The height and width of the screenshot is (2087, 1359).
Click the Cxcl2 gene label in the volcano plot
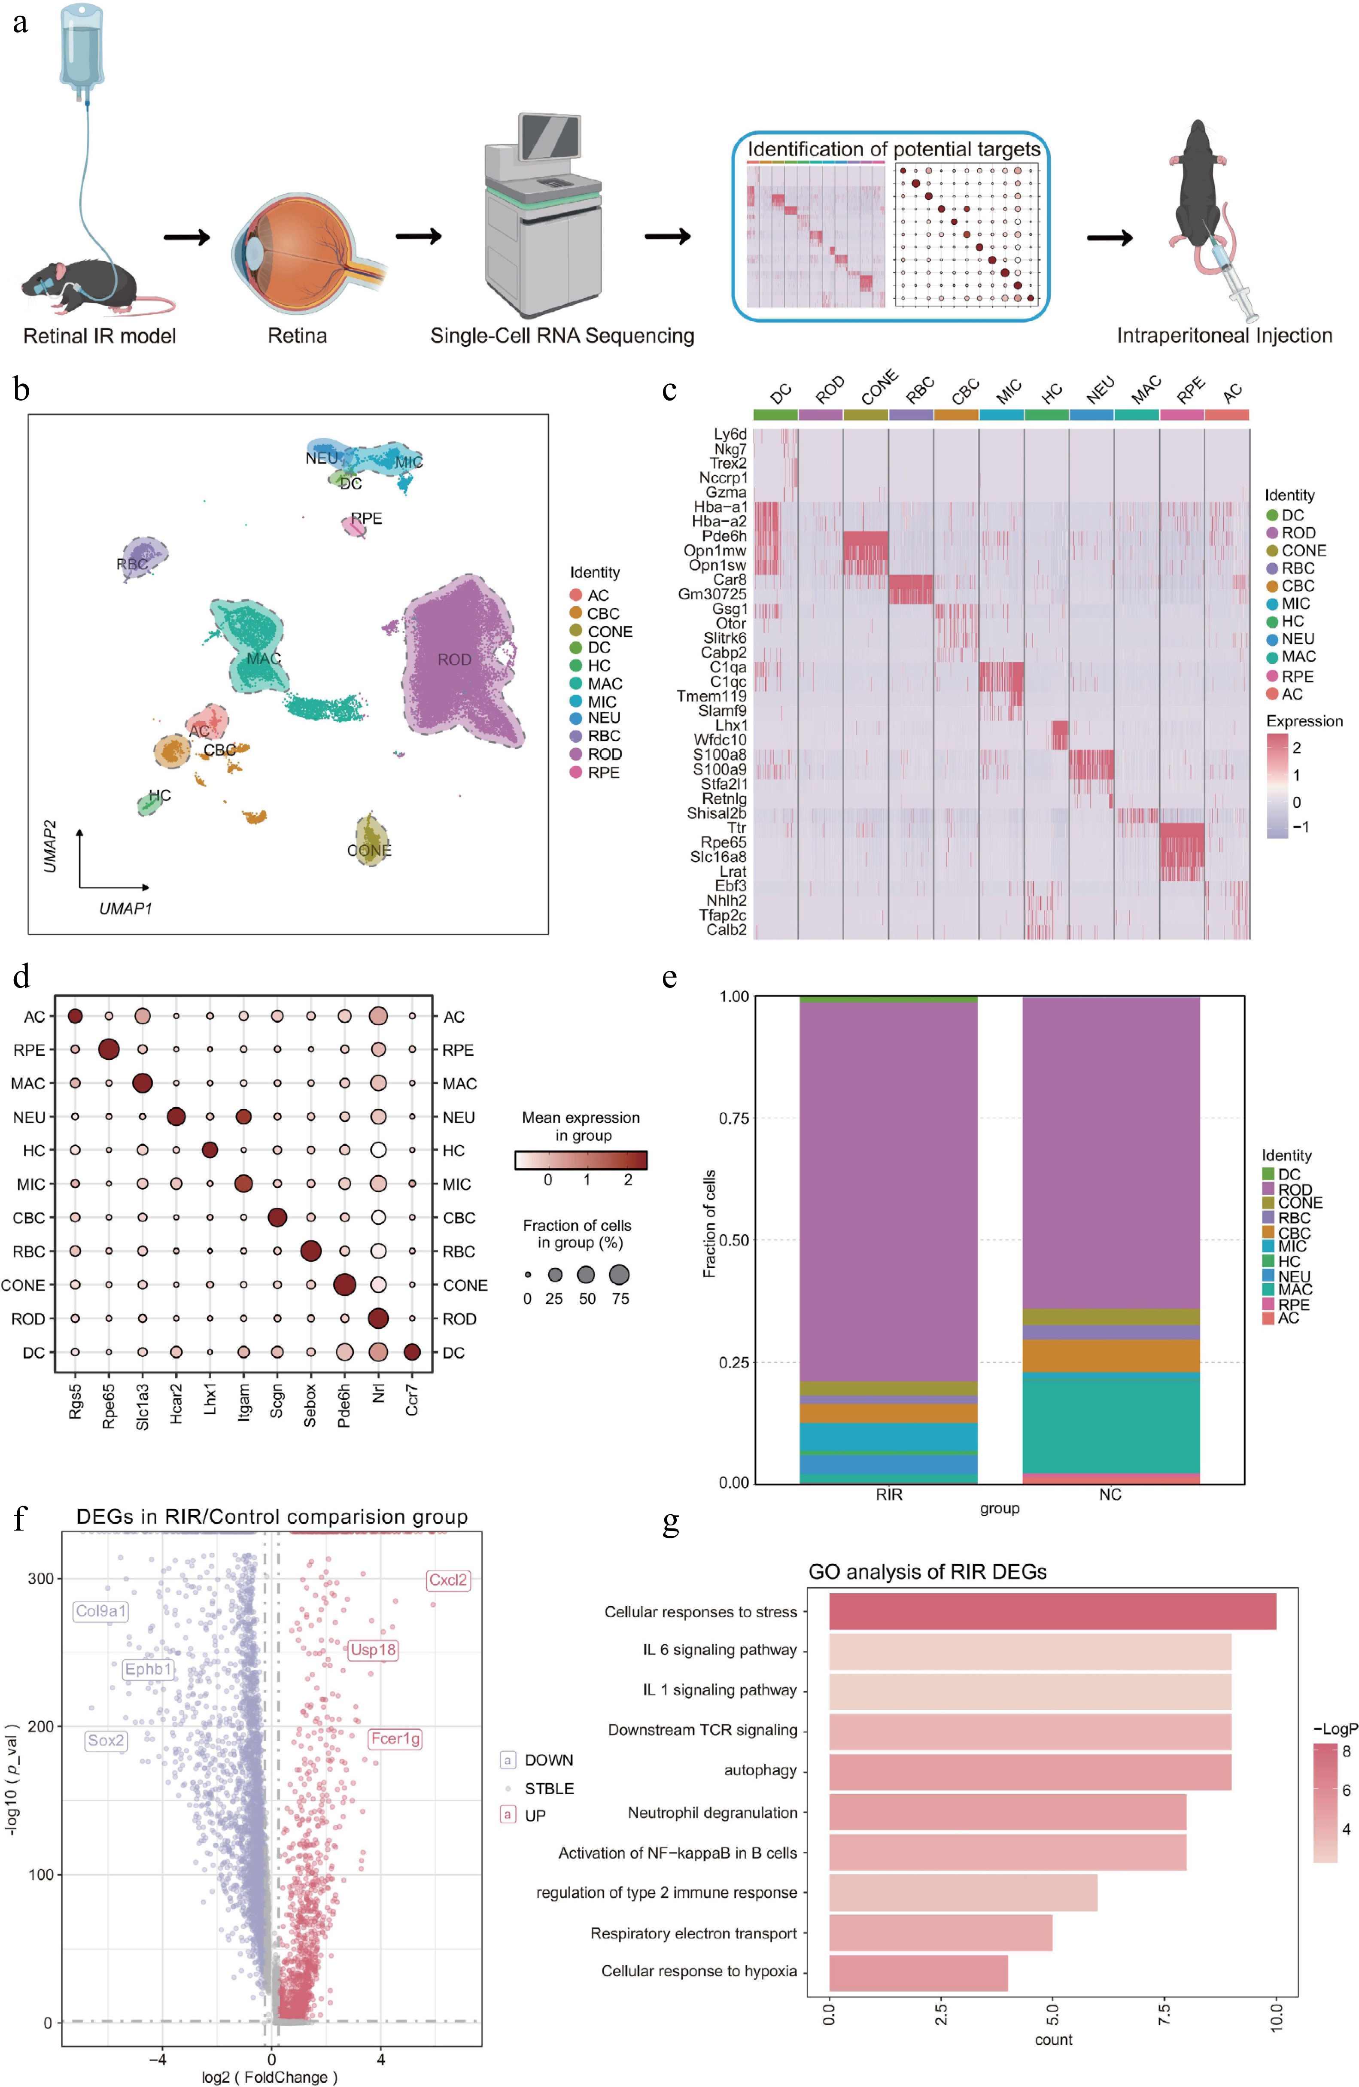coord(448,1580)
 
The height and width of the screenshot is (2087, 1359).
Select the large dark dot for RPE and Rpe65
coord(109,1050)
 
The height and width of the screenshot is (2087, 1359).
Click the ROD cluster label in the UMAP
coord(454,659)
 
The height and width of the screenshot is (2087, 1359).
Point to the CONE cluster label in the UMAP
coord(369,851)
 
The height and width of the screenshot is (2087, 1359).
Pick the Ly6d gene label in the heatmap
coord(730,434)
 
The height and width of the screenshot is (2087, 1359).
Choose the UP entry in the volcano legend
coord(535,1815)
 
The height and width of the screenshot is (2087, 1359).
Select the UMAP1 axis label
coord(125,908)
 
